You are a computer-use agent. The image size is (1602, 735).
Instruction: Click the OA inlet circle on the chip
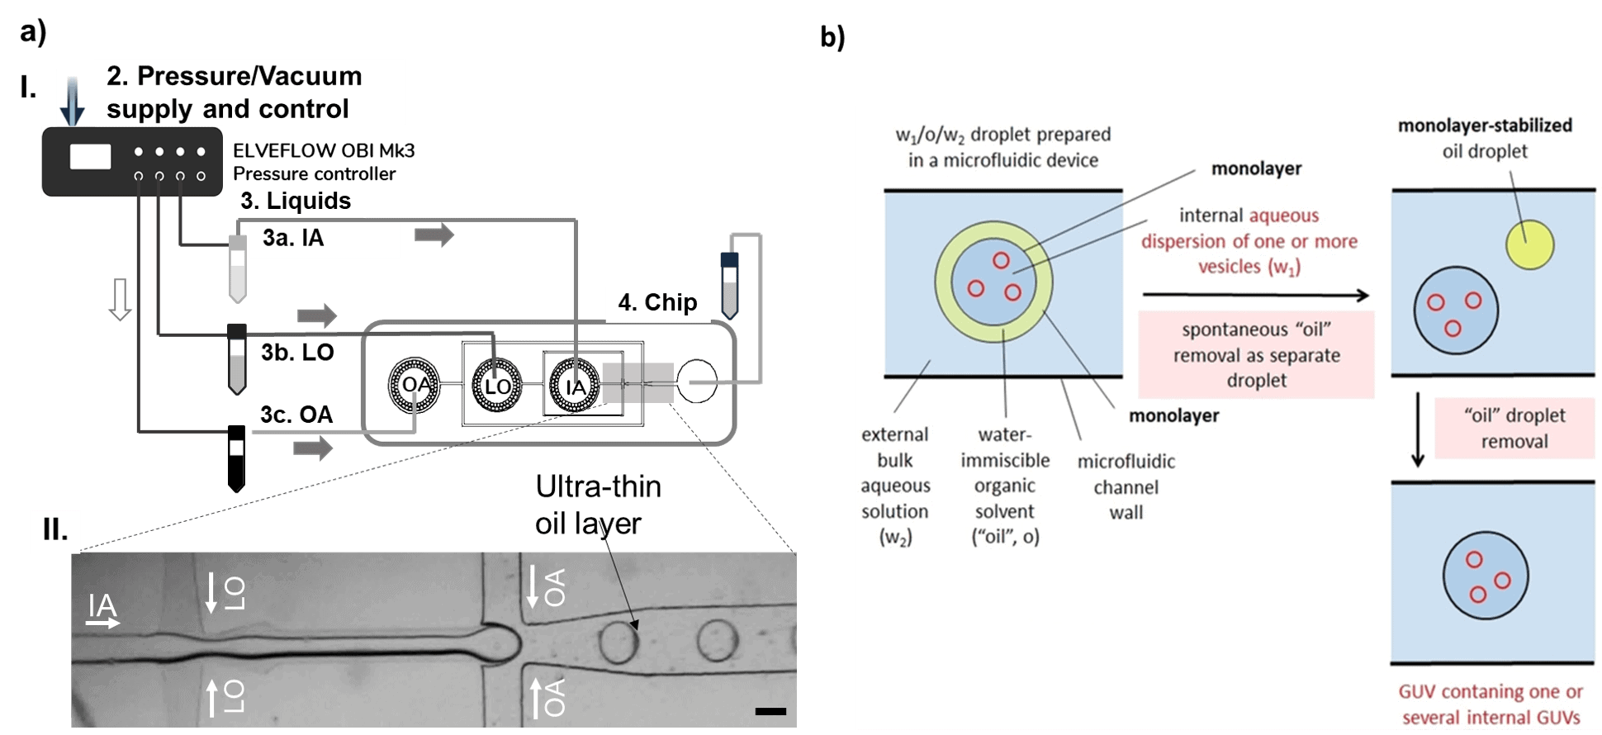pos(415,385)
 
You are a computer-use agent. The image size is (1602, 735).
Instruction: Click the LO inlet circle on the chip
pos(496,386)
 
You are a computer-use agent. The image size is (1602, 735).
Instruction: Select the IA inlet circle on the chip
pos(574,386)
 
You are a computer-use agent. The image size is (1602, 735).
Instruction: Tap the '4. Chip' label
pos(657,303)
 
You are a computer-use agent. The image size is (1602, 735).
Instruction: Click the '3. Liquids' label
pos(296,201)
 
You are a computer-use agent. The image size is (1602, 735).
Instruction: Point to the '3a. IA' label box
pos(325,239)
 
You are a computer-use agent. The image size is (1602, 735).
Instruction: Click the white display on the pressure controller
pos(90,157)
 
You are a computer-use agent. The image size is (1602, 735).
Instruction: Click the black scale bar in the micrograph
pos(770,711)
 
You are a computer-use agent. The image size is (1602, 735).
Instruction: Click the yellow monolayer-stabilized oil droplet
pos(1529,244)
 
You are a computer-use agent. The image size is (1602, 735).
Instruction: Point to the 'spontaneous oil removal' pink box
pos(1256,355)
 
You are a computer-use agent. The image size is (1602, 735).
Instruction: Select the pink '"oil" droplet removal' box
pos(1514,428)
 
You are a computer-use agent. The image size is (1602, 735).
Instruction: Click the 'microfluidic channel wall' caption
pos(1126,486)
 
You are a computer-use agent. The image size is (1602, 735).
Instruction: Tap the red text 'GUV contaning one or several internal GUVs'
pos(1491,704)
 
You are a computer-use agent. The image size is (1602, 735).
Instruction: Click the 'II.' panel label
pos(55,529)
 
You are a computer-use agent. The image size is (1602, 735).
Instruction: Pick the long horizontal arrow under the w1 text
pos(1255,295)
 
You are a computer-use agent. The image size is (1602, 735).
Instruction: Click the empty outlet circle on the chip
pos(696,382)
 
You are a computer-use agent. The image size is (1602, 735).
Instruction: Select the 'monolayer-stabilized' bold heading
pos(1484,126)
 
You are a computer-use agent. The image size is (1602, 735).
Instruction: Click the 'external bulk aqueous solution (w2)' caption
pos(895,486)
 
